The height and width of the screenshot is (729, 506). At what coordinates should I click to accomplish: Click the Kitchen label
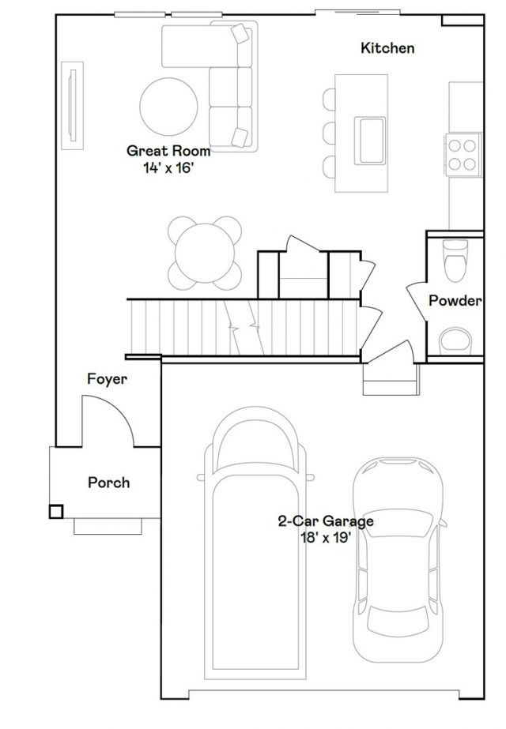point(387,48)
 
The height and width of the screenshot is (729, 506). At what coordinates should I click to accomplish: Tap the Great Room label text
point(168,151)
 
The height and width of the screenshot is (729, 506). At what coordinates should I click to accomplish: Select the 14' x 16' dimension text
point(168,168)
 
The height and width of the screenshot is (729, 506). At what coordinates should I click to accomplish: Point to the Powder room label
point(455,301)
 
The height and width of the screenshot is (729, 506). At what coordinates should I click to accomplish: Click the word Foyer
point(107,379)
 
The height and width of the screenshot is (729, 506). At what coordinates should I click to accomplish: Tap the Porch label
point(109,483)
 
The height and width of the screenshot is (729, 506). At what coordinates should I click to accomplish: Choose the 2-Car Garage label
point(326,521)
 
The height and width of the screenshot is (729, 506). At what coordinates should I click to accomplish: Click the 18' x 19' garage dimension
point(326,538)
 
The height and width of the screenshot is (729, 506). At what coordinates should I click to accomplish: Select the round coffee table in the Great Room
point(169,107)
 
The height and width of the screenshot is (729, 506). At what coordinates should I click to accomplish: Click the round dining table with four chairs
point(205,253)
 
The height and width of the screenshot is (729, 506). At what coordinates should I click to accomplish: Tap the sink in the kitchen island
point(370,141)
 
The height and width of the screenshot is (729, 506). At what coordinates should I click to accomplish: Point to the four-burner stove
point(463,155)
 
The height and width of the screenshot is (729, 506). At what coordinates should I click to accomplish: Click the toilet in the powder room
point(455,261)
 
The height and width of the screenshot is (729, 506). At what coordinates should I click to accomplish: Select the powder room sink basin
point(455,339)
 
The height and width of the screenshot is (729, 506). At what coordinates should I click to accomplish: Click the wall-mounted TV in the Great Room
point(73,106)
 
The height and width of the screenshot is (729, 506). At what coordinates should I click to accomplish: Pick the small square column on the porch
point(56,512)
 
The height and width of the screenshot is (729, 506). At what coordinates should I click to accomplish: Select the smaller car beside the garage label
point(398,560)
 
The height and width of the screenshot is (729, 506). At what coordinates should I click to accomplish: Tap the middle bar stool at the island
point(329,133)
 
